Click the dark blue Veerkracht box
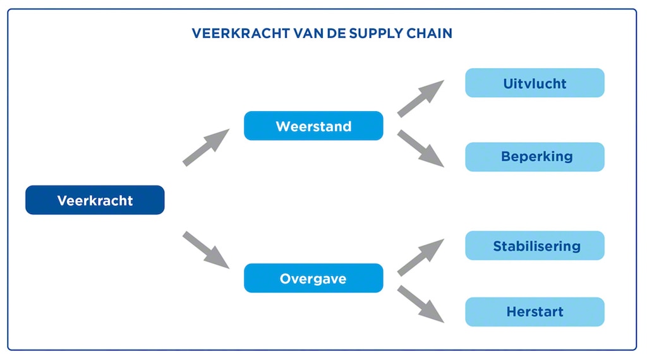(95, 200)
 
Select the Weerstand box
(313, 126)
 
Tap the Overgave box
(313, 278)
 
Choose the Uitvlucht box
(535, 83)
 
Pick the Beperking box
(535, 157)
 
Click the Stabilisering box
(535, 246)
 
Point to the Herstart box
(535, 311)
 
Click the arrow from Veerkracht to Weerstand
(206, 147)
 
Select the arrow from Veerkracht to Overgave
(206, 250)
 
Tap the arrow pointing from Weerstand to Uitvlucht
(421, 99)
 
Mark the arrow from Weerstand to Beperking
(421, 148)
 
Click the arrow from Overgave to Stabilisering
(421, 257)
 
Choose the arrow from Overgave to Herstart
(421, 304)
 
